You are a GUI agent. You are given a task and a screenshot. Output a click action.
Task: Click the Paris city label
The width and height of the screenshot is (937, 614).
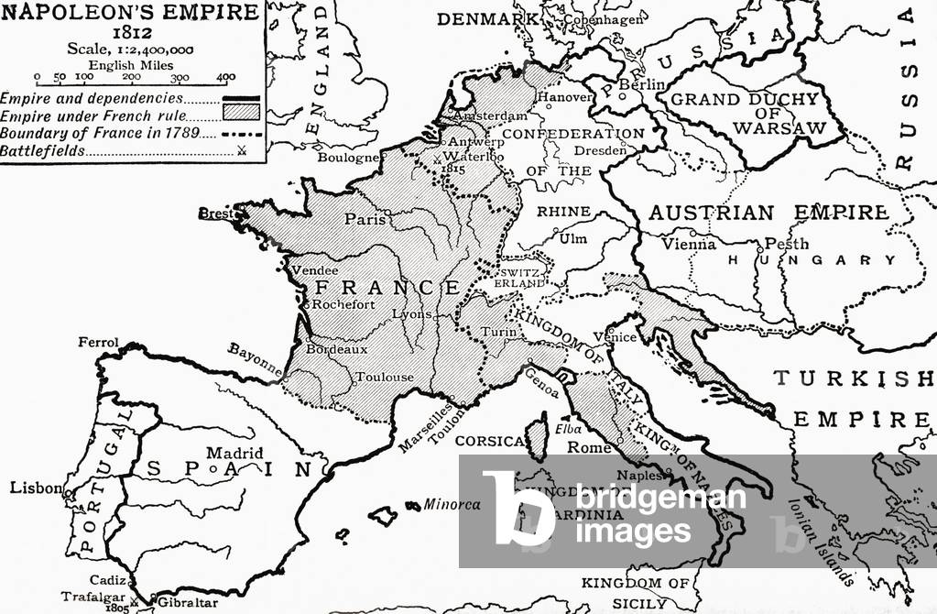point(363,219)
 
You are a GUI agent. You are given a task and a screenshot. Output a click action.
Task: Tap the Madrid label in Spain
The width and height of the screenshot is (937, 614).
point(234,453)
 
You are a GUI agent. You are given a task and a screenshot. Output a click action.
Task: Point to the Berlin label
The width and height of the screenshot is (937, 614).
point(641,84)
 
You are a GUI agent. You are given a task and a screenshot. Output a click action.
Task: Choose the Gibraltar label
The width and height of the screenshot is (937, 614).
point(187,602)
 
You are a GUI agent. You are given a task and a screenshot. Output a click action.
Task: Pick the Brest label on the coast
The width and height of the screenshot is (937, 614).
point(217,213)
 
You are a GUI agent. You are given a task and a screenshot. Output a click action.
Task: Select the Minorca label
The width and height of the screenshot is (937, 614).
point(452,504)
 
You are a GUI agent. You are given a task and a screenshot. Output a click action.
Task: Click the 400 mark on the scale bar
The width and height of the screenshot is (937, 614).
point(223,78)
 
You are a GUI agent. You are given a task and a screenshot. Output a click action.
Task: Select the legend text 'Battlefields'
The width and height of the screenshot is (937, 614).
point(44,149)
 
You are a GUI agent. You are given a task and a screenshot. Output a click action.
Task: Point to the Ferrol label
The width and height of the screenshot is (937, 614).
point(99,343)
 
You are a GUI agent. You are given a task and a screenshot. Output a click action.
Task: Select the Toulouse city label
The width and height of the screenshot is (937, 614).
point(385,377)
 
